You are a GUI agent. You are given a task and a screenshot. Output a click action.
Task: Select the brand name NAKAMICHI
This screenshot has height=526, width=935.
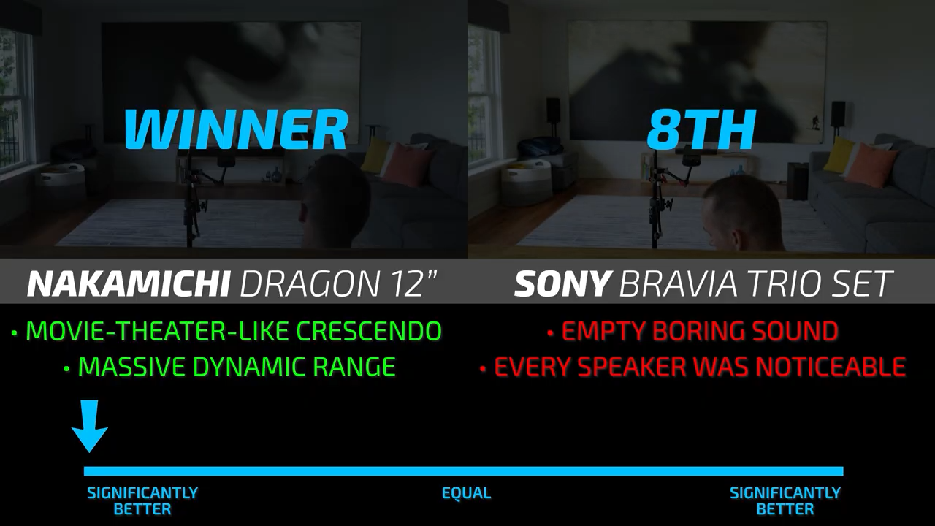(129, 284)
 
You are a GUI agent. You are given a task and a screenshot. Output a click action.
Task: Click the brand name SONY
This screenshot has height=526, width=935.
(562, 284)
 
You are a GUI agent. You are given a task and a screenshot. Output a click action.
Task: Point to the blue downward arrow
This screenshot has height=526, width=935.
(90, 426)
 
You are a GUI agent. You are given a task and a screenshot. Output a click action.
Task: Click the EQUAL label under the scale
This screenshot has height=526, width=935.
(466, 493)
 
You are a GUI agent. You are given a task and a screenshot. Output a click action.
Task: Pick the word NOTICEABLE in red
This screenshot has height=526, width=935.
(831, 367)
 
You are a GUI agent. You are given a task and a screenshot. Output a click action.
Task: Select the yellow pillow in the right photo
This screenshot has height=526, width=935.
(839, 153)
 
